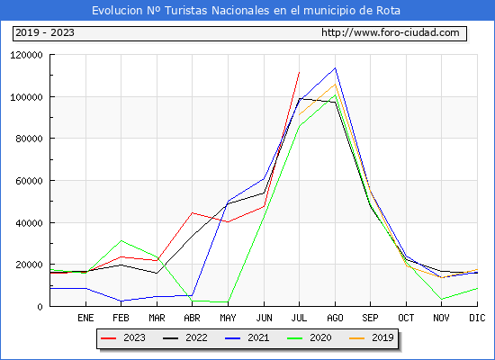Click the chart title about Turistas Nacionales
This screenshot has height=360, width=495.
[246, 11]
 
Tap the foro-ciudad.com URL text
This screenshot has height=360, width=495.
[391, 32]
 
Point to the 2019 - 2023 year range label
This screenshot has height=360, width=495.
[45, 32]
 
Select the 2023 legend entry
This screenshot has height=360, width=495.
[123, 337]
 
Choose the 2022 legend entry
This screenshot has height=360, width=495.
[185, 337]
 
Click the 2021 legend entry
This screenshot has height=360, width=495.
[247, 337]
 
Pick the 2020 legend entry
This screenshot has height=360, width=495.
[310, 337]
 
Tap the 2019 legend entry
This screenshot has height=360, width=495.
[372, 337]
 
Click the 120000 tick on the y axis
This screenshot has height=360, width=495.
[26, 55]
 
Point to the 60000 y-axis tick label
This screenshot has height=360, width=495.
[29, 181]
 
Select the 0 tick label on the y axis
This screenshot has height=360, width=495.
[40, 307]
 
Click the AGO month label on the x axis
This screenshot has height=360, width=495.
[335, 318]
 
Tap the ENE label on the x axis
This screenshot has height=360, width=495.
[85, 318]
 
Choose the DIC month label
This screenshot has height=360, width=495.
[477, 318]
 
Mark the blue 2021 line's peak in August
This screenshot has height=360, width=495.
[336, 67]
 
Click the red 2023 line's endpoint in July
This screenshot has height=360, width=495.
[300, 72]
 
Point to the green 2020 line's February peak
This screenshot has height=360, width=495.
[121, 240]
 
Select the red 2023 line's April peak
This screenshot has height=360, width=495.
[193, 212]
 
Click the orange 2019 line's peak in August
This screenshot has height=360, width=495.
[336, 84]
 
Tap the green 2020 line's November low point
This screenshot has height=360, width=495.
[442, 299]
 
